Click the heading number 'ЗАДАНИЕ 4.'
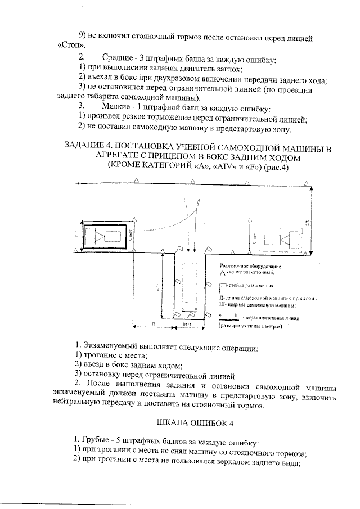[92, 148]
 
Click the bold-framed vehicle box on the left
[103, 235]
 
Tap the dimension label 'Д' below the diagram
[153, 325]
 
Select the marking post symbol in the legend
[223, 286]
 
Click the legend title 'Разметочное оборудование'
[251, 265]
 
